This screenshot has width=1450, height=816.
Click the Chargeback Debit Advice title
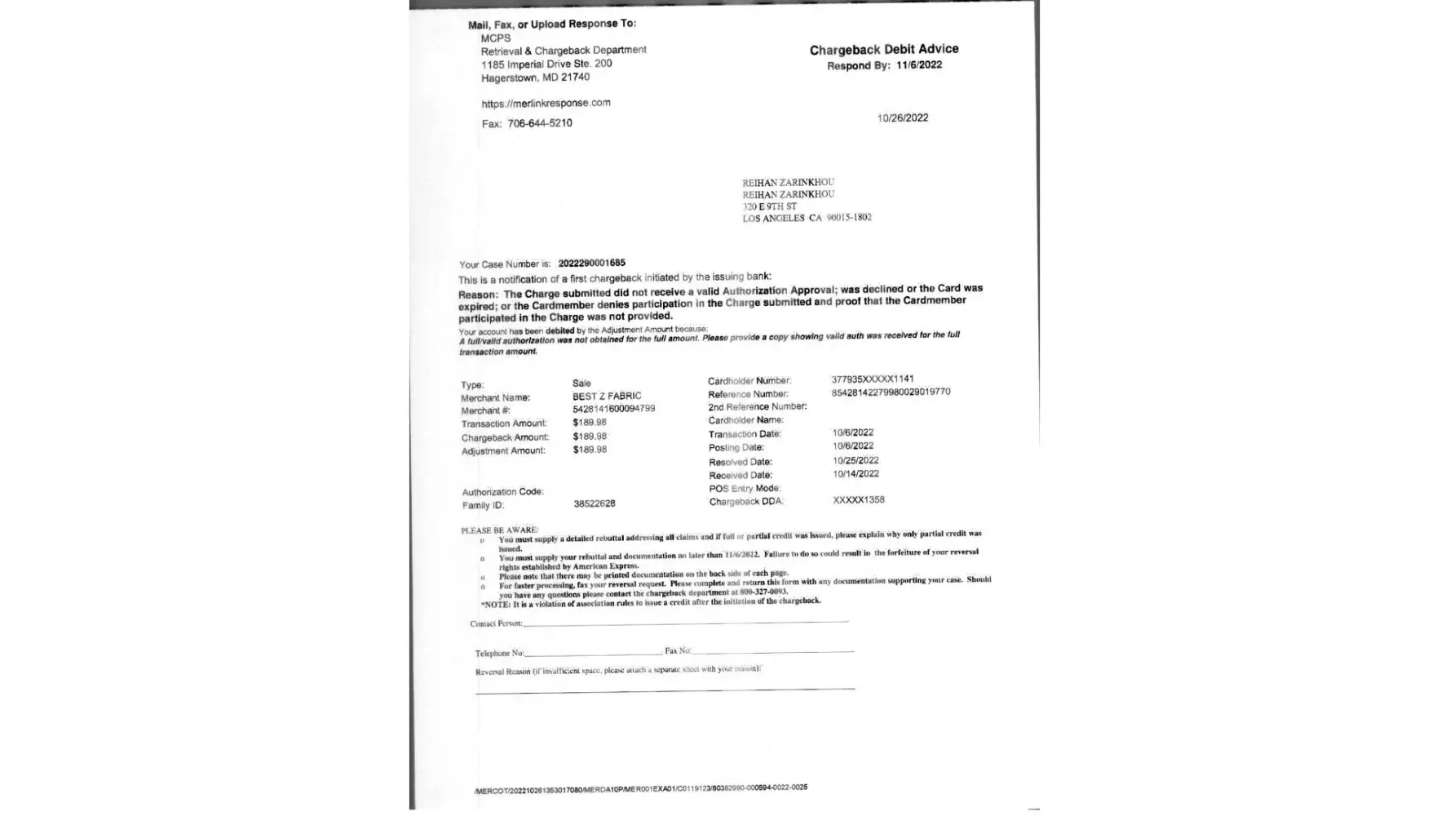coord(884,50)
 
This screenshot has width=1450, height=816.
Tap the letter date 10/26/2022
coord(902,118)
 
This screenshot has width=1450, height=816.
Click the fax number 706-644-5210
coord(540,123)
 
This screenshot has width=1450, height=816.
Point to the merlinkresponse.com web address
coord(546,104)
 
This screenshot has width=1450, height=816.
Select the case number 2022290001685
coord(591,263)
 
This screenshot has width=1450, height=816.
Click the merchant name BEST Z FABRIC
coord(607,396)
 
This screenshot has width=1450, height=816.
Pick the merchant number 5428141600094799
coord(613,409)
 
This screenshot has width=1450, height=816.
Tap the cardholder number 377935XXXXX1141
coord(872,379)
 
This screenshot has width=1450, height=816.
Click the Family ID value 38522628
coord(594,504)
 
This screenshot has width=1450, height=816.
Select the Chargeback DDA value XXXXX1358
coord(858,500)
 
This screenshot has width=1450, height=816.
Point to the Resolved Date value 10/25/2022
coord(855,461)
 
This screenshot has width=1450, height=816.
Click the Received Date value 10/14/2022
coord(855,474)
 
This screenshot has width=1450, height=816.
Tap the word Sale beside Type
coord(581,383)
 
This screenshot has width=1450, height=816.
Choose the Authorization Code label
coord(502,492)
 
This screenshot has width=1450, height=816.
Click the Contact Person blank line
coord(685,623)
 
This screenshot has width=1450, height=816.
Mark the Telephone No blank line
coord(593,653)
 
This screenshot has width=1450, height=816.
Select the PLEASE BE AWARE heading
coord(499,530)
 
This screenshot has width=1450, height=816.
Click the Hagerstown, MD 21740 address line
coord(535,78)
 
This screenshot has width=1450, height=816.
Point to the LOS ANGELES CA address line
coord(807,219)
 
